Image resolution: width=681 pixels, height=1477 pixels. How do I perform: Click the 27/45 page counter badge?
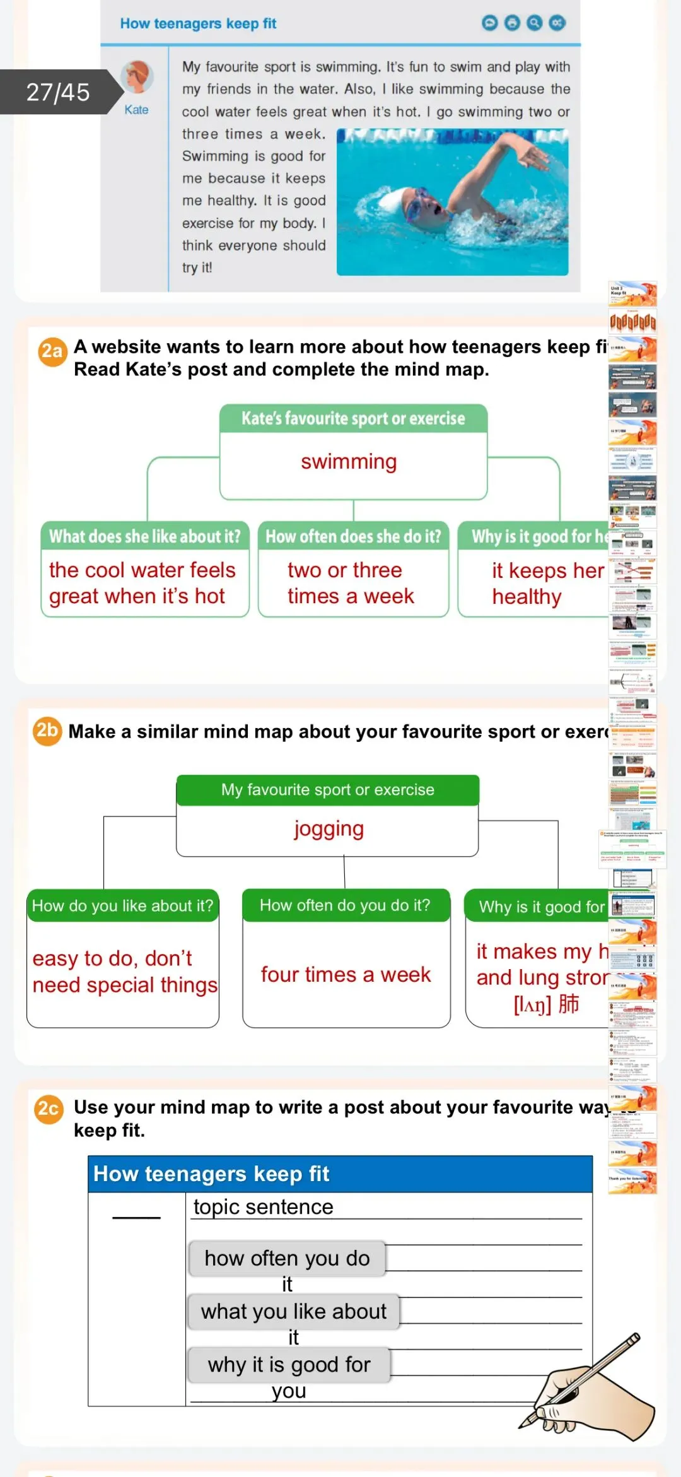tap(58, 92)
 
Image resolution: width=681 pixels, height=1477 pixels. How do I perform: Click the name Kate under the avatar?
tap(136, 110)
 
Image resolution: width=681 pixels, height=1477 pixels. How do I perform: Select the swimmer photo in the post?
tap(452, 202)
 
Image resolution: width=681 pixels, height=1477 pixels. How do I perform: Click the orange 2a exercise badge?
tap(52, 351)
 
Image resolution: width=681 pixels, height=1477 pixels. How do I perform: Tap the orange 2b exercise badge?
tap(47, 731)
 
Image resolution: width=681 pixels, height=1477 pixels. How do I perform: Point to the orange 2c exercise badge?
tap(49, 1109)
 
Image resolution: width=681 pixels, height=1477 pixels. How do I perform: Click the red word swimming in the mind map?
tap(349, 462)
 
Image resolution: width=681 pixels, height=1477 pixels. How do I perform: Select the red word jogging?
tap(329, 828)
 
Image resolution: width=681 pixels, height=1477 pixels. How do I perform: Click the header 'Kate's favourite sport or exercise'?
tap(353, 418)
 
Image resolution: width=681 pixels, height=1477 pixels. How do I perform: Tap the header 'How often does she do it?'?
tap(353, 536)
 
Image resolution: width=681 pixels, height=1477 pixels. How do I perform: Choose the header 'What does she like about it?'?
tap(145, 536)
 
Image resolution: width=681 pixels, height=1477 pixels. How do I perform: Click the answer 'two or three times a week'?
tap(351, 583)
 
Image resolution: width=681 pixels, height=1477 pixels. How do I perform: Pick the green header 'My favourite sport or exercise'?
tap(327, 790)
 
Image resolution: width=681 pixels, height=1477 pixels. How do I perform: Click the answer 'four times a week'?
tap(346, 975)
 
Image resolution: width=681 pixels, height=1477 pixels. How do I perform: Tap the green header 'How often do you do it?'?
tap(345, 905)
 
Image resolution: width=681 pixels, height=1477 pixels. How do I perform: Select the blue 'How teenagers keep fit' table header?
tap(340, 1174)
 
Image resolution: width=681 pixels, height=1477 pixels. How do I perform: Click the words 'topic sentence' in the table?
tap(263, 1207)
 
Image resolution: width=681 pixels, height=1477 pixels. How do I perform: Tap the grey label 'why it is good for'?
tap(289, 1365)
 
